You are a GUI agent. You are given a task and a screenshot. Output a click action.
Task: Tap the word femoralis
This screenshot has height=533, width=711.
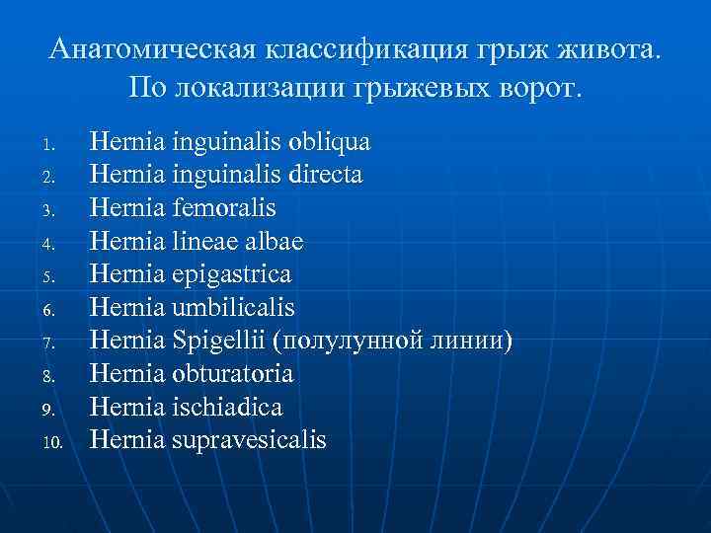[224, 208]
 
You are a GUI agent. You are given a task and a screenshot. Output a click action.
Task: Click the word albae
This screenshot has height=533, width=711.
[270, 242]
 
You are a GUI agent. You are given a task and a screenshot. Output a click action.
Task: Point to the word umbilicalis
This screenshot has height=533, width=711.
[233, 308]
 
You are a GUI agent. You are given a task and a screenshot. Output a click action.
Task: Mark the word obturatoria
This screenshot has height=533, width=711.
[232, 374]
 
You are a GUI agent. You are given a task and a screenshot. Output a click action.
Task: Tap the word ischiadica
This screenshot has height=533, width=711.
[227, 408]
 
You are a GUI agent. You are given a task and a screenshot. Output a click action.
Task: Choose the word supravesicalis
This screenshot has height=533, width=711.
[249, 440]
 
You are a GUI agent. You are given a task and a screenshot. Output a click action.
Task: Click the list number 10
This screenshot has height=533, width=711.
[52, 442]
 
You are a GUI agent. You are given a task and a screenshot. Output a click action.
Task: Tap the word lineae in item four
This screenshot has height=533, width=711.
[202, 242]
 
